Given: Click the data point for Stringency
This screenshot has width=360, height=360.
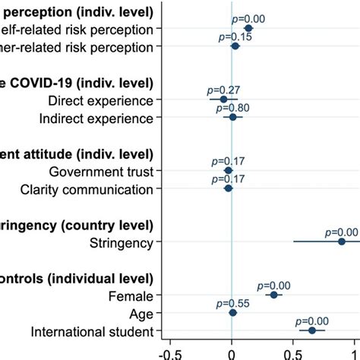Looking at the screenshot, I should [341, 242].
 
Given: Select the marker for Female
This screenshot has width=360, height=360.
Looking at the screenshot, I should [273, 295].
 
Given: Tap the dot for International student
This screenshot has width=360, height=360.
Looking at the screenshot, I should [311, 330].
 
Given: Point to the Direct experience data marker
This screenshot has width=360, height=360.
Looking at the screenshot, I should [223, 99].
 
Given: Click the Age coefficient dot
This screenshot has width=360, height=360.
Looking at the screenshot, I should [232, 312].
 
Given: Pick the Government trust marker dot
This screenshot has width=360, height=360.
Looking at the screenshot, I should [228, 170].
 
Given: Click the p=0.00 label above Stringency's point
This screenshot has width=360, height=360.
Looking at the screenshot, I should [341, 232].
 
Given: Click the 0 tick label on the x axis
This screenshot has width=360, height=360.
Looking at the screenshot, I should [232, 352].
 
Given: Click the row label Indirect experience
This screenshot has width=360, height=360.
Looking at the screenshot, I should [99, 118].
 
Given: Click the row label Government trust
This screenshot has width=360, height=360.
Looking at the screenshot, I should [101, 171].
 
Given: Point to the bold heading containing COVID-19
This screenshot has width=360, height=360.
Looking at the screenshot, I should [76, 82].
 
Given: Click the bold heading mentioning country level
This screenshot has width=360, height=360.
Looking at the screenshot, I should [76, 226].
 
